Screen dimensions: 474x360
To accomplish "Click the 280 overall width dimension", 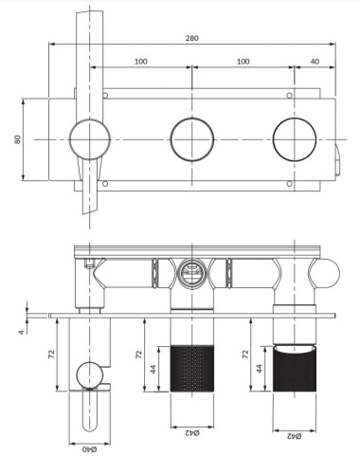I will coord(192,37).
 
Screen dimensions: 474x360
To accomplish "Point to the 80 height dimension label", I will coord(18,138).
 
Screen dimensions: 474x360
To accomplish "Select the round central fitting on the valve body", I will coord(192,273).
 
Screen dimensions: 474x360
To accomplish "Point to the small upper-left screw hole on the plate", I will coord(105,97).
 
